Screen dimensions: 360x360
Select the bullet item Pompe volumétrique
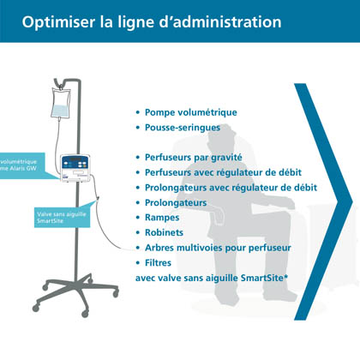pos(191,112)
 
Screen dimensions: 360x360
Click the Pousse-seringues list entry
pos(183,128)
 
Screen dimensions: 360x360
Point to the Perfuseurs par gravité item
pos(194,158)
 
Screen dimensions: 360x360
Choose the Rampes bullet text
pos(162,218)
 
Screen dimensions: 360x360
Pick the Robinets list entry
pos(164,232)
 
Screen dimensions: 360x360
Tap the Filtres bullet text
pos(158,263)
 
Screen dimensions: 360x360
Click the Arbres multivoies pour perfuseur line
pos(218,248)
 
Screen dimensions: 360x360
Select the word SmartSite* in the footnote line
pos(264,278)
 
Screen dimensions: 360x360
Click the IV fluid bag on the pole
pos(61,103)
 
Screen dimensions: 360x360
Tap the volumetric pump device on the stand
pos(75,168)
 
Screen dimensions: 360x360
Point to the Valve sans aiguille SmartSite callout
pos(63,217)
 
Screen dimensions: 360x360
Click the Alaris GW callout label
pos(22,165)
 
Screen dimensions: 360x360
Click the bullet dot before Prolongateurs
pos(138,203)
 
